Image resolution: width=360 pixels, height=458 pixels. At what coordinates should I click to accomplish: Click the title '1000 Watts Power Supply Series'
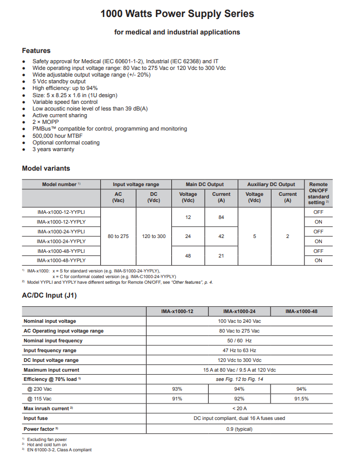tap(177, 14)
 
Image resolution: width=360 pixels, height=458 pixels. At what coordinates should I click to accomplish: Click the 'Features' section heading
tap(36, 50)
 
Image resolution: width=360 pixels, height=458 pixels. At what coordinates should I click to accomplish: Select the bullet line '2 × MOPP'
tap(46, 122)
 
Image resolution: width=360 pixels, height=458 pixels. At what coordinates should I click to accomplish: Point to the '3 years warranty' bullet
tap(53, 150)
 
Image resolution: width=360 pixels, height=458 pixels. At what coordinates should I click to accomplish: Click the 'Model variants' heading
tap(46, 168)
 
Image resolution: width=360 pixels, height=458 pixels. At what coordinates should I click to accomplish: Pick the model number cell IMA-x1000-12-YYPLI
tap(61, 212)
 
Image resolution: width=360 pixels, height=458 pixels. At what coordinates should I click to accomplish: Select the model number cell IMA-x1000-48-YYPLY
tap(61, 261)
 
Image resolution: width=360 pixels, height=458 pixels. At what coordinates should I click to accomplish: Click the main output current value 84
tap(221, 217)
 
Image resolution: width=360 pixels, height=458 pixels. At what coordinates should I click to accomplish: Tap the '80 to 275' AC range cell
tap(118, 236)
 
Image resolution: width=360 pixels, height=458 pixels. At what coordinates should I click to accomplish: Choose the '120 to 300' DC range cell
tap(154, 236)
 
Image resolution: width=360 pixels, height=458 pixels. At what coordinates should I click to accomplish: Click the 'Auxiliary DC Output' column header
tap(271, 184)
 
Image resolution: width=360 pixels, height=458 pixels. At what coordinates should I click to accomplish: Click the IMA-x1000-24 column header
tap(239, 312)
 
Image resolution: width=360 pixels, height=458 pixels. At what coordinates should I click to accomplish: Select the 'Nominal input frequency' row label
tap(53, 341)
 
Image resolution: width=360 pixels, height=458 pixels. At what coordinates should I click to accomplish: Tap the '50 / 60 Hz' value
tap(239, 341)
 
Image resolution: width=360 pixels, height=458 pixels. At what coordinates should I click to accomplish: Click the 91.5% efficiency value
tap(301, 399)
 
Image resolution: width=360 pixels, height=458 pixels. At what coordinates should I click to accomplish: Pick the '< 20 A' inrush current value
tap(239, 409)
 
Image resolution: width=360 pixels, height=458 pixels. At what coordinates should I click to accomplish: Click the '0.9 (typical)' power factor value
tap(239, 428)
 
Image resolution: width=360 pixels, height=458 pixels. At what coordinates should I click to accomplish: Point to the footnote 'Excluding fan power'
tap(47, 439)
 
